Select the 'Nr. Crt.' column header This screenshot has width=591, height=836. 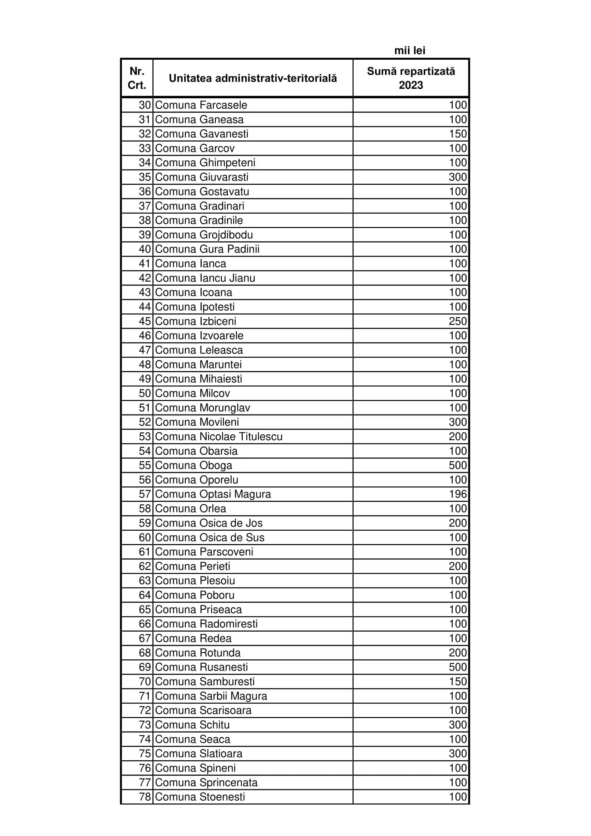[137, 78]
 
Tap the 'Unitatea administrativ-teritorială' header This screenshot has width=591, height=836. [253, 78]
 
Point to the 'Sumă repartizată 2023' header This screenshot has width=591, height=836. [411, 78]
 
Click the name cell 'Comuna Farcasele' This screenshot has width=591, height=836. [201, 105]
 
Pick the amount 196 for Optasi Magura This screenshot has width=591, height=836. [457, 494]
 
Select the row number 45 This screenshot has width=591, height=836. [144, 321]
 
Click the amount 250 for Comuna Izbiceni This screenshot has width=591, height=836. [457, 321]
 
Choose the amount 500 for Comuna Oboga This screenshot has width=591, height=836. [457, 465]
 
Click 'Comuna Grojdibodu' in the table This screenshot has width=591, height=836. [204, 235]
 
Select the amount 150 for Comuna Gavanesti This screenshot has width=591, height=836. [457, 134]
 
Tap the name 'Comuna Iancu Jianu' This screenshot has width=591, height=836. [205, 278]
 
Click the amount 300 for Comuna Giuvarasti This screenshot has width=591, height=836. [457, 177]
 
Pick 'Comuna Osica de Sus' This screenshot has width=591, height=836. [210, 538]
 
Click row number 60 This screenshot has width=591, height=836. [144, 538]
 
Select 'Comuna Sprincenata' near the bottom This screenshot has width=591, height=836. [206, 782]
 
